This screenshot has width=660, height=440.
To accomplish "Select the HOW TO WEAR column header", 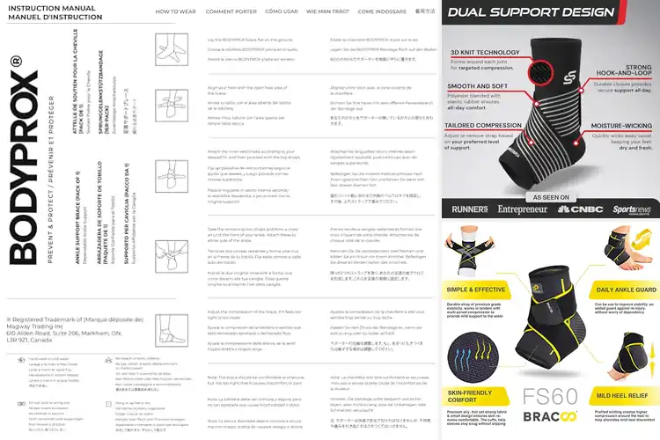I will click(x=176, y=11).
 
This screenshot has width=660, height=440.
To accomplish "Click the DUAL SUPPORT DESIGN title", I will click(x=527, y=13).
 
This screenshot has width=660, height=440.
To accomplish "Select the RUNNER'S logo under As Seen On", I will click(x=469, y=210).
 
